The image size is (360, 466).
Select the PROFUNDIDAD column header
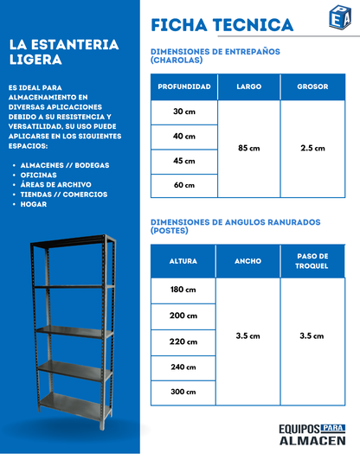coord(183,87)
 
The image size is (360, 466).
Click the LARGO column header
coord(248,87)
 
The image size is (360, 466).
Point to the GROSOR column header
coord(312,87)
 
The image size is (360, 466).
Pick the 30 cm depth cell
coord(183,112)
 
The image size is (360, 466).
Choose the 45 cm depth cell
coord(183,161)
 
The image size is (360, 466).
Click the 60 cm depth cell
coord(183,185)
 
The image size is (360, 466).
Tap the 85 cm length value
coord(248,149)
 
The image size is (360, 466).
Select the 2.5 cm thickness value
coord(312,149)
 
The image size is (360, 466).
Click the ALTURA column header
coord(183,261)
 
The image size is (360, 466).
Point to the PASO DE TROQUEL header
coord(312,261)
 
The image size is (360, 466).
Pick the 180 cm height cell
coord(183,290)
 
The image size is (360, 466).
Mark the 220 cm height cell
coord(183,342)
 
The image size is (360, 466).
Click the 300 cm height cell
coord(183,392)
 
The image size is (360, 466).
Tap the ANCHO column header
coord(247,261)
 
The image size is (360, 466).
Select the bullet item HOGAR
coord(35,204)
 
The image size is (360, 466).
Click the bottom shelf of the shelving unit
coord(73,401)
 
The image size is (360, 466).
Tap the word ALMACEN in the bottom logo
coord(312,440)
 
